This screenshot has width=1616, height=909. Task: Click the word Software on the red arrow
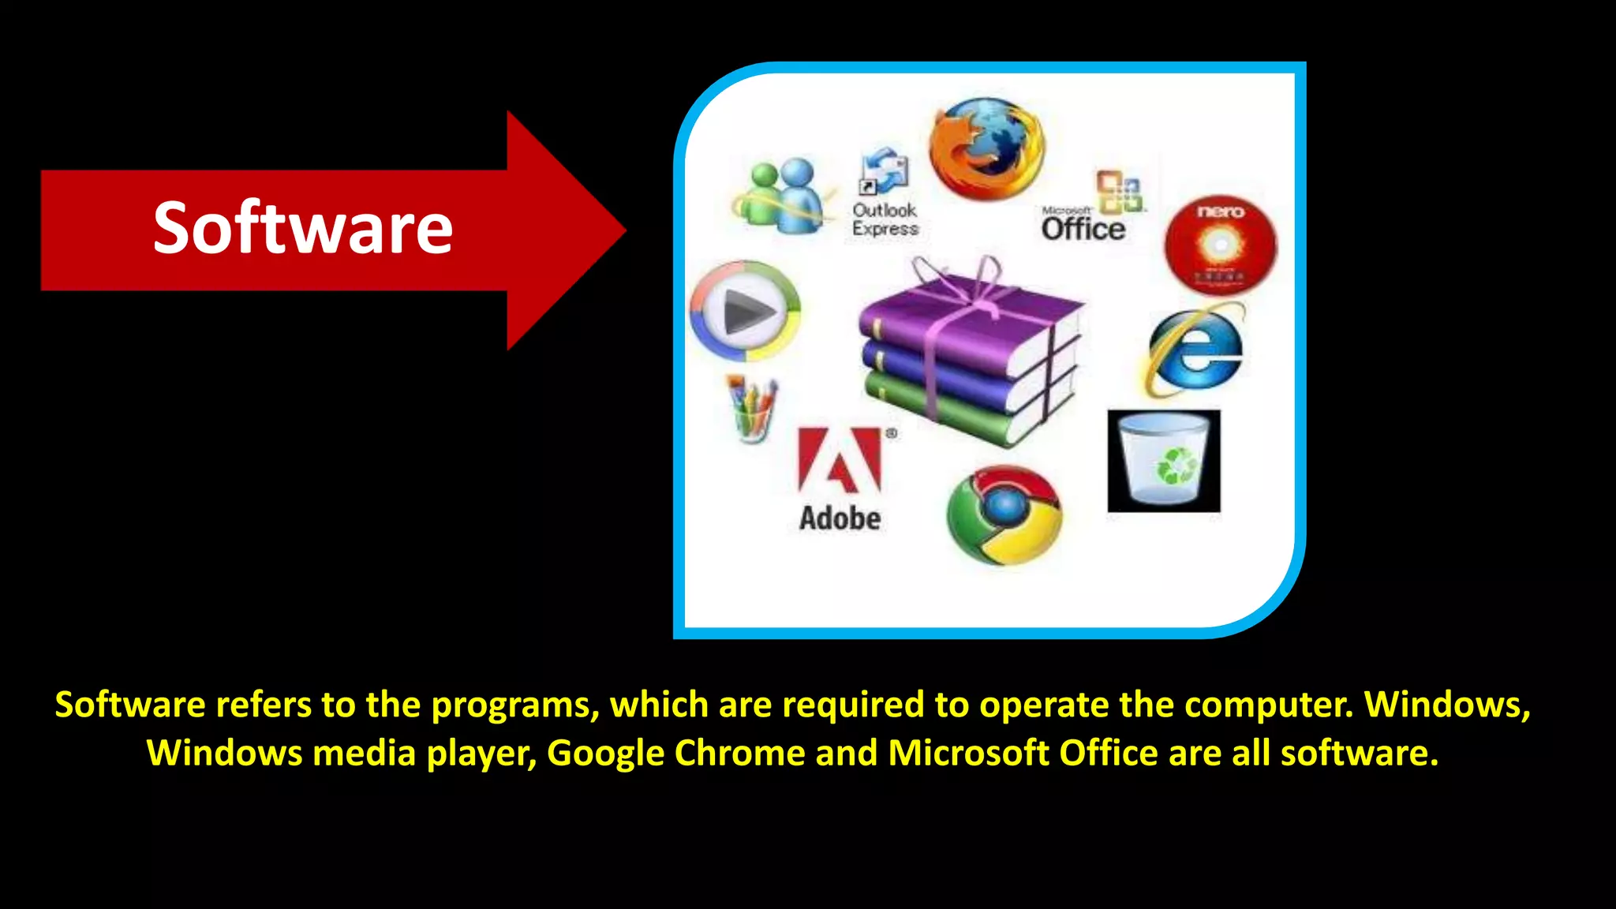tap(303, 229)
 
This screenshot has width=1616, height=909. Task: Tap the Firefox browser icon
tap(986, 148)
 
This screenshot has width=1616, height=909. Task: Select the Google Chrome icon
tap(1004, 514)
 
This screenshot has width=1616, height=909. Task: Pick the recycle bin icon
tap(1164, 461)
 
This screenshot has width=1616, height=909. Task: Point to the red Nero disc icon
tap(1220, 245)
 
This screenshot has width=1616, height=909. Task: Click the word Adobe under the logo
tap(840, 518)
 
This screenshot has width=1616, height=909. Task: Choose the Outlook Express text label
tap(885, 219)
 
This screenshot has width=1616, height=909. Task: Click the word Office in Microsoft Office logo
tap(1083, 229)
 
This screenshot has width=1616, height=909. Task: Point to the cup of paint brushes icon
tap(752, 409)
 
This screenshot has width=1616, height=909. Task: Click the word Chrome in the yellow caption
tap(739, 753)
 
